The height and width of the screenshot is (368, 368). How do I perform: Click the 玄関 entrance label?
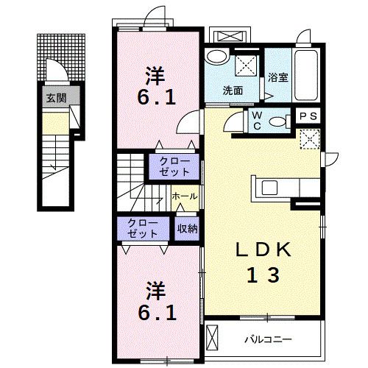pos(54,97)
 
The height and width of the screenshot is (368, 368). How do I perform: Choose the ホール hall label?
pos(183,197)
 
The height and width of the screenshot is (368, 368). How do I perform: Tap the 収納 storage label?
pos(187,229)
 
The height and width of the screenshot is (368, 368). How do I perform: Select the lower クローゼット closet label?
pos(142,228)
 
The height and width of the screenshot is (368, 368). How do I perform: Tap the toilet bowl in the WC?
pos(279,123)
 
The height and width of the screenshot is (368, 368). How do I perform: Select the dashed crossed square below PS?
pos(309,138)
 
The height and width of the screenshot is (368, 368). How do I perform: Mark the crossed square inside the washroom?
pos(244,67)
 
